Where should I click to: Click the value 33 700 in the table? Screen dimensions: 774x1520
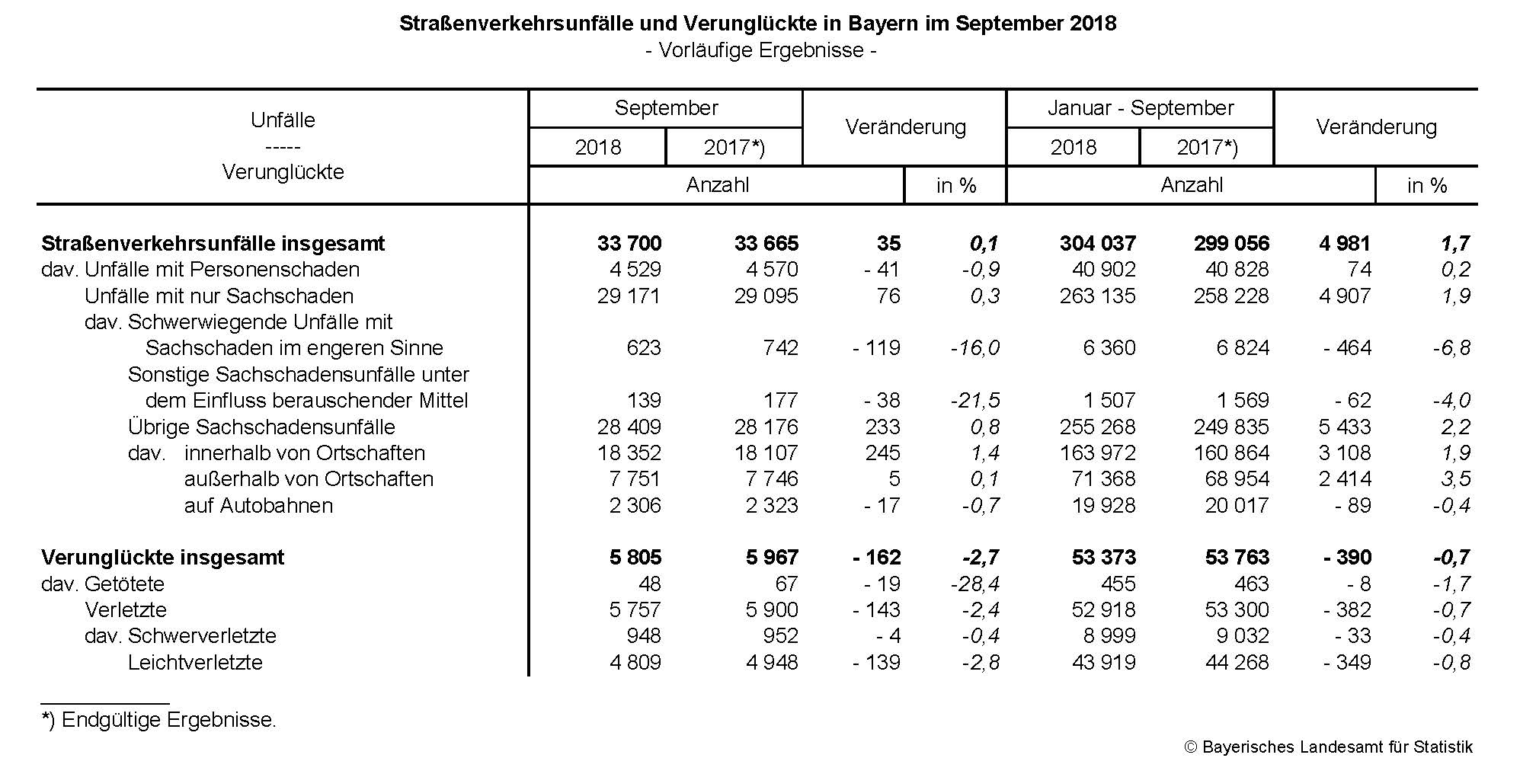point(629,244)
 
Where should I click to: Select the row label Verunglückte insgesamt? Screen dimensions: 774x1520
point(162,558)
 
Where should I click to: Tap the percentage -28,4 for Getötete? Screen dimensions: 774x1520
point(974,584)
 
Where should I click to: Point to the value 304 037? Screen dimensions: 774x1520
point(1097,244)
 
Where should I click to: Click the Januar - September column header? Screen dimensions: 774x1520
point(1140,108)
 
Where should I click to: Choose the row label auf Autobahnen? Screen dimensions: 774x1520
point(258,506)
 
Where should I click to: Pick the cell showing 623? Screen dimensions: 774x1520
point(644,348)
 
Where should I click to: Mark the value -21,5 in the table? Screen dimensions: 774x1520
point(974,401)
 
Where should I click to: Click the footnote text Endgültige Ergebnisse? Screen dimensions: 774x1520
point(168,720)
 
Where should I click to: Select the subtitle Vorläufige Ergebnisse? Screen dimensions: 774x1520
point(760,50)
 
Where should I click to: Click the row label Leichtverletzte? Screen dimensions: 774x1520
point(195,663)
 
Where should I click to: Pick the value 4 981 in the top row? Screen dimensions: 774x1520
point(1345,244)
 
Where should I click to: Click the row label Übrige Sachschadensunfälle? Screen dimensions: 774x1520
point(261,427)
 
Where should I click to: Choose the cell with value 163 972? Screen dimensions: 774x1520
point(1097,453)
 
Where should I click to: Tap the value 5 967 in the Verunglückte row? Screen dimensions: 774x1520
point(772,558)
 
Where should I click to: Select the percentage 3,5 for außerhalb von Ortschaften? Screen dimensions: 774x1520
point(1456,479)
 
